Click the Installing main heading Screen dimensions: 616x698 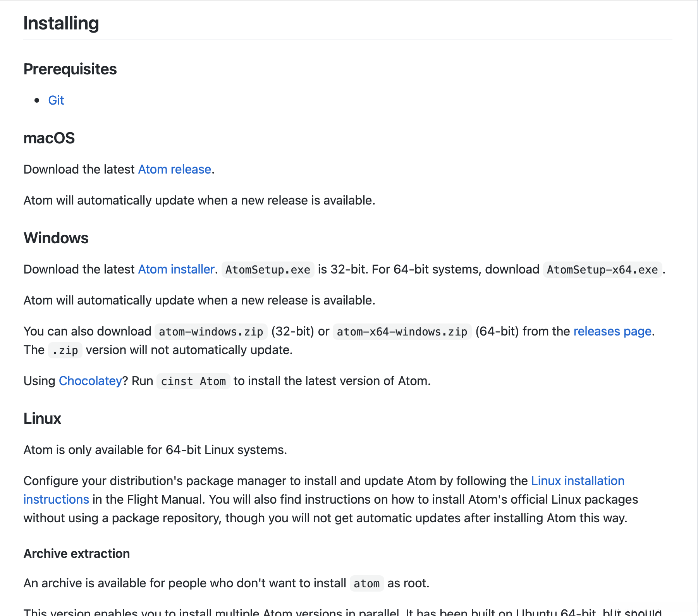click(x=61, y=23)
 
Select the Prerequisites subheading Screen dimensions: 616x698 click(x=70, y=69)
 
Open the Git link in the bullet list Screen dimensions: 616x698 click(x=56, y=100)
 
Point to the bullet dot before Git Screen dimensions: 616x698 click(x=37, y=100)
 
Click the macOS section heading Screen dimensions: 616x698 click(x=49, y=138)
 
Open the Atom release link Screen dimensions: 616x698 click(x=174, y=169)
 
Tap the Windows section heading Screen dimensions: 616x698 click(x=56, y=238)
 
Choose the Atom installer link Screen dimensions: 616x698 click(x=176, y=269)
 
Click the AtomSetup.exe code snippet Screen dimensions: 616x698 click(x=268, y=270)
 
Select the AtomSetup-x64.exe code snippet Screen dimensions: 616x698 click(x=602, y=270)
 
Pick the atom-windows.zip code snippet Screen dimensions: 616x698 click(x=211, y=332)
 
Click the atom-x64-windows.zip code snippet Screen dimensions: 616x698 click(x=402, y=332)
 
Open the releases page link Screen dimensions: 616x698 click(x=612, y=331)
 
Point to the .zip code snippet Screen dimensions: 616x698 click(x=65, y=350)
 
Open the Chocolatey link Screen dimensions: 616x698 click(x=90, y=381)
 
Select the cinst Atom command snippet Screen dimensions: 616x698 click(x=193, y=381)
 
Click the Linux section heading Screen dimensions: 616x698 click(x=43, y=419)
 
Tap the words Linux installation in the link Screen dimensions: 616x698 click(x=578, y=481)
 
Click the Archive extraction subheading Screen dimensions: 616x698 click(x=77, y=554)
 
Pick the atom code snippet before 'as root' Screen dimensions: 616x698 click(x=366, y=583)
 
